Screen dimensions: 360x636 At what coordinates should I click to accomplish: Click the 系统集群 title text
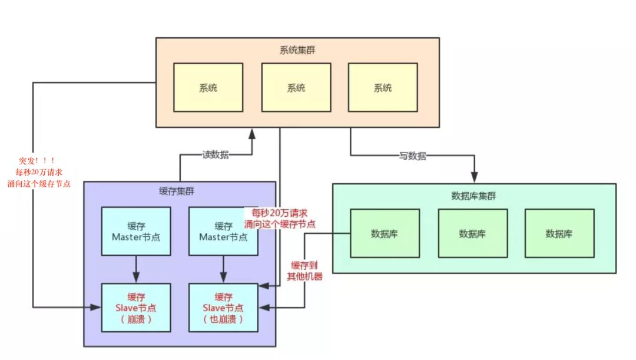coord(297,49)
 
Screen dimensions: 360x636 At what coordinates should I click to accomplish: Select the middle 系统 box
coord(296,87)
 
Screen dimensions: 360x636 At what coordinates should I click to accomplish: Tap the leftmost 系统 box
coord(208,87)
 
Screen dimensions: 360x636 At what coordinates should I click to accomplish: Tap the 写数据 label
coord(412,156)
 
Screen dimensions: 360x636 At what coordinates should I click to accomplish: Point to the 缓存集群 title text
coord(177,191)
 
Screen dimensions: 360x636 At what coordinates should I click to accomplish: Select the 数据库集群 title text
coord(474,196)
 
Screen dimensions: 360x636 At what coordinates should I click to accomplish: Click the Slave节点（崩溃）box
coord(136,308)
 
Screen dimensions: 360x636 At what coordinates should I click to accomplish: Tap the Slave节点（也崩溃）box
coord(223,308)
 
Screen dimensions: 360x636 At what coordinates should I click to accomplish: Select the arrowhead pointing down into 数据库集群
coord(474,177)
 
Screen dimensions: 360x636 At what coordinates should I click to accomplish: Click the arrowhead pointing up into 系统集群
coord(252,134)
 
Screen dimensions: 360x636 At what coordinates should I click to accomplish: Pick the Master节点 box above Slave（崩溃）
coord(136,231)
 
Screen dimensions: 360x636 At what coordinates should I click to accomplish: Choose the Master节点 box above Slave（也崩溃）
coord(223,231)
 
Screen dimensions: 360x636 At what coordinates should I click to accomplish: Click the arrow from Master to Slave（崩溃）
coord(136,269)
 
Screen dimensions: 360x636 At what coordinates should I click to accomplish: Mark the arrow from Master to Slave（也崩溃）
coord(223,269)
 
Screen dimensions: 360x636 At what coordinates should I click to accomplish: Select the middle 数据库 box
coord(472,233)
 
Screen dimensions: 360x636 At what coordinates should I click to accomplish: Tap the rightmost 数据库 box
coord(559,233)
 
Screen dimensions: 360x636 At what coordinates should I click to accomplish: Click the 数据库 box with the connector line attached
coord(385,233)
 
